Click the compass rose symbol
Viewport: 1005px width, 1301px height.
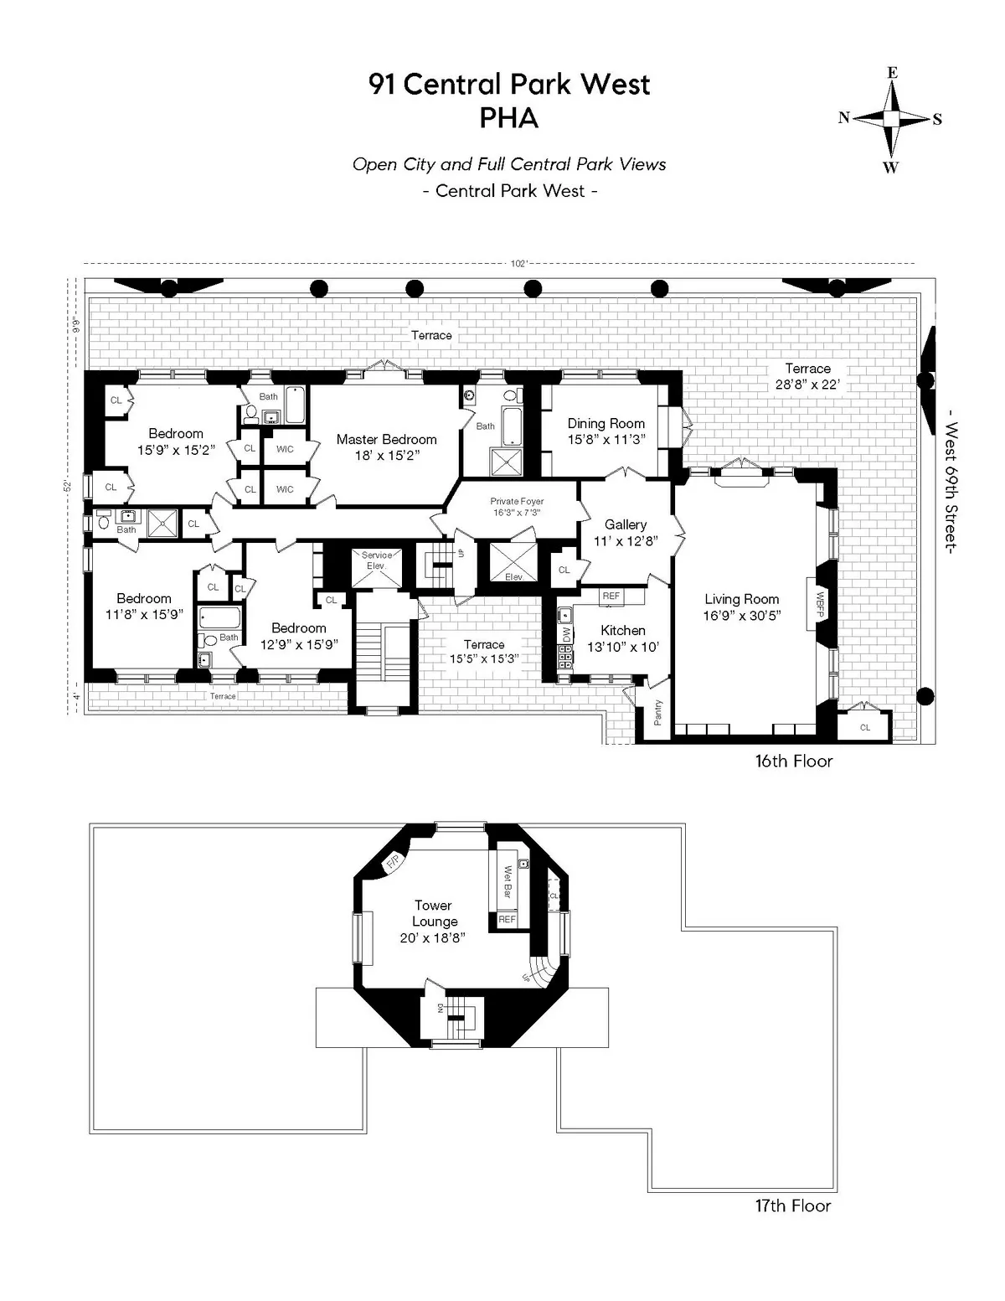(892, 119)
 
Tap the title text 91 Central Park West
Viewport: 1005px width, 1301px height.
(509, 85)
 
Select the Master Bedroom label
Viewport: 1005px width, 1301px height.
(386, 439)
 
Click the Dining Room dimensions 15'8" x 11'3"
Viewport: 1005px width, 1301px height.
(606, 439)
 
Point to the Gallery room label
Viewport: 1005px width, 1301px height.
(626, 524)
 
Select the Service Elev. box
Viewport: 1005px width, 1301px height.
(376, 560)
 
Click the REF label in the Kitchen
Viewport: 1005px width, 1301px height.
(611, 596)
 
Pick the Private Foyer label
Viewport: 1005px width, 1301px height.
(517, 501)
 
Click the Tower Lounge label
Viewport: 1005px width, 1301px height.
(434, 913)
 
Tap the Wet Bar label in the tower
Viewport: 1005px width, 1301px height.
(508, 883)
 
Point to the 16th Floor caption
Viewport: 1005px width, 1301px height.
(793, 761)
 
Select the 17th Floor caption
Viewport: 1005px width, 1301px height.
(792, 1205)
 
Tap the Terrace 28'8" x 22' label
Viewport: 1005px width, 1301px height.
(807, 376)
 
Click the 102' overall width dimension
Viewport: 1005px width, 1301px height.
(518, 263)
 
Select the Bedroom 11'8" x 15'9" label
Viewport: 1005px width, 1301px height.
(144, 607)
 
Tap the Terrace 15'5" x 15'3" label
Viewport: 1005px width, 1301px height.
(483, 651)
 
